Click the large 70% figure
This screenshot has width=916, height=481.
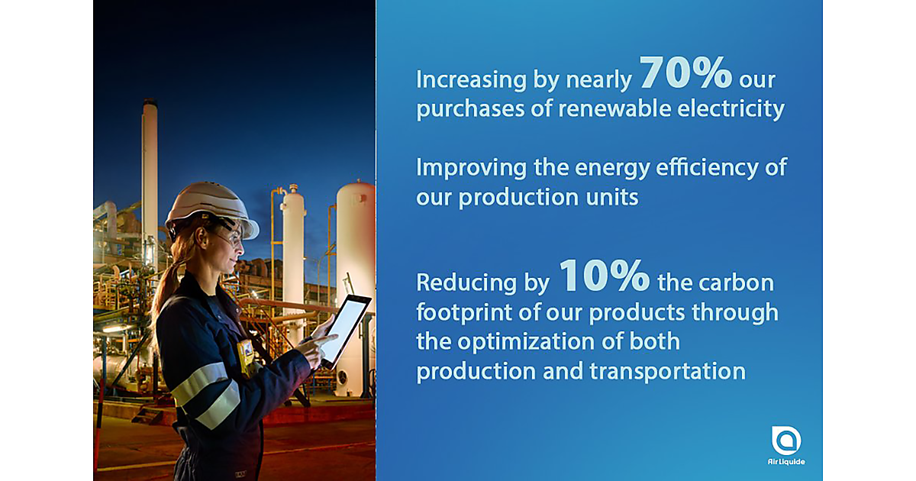pyautogui.click(x=686, y=73)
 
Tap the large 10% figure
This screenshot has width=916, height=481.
pyautogui.click(x=605, y=276)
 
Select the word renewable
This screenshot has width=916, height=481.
pyautogui.click(x=614, y=108)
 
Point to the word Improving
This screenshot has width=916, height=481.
pyautogui.click(x=471, y=169)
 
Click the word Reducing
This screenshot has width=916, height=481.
pyautogui.click(x=466, y=284)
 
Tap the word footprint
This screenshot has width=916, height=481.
pyautogui.click(x=464, y=313)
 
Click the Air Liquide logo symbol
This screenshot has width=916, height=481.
pyautogui.click(x=786, y=440)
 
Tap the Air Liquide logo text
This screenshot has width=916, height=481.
pyautogui.click(x=786, y=462)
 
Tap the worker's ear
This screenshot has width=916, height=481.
pyautogui.click(x=201, y=237)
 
